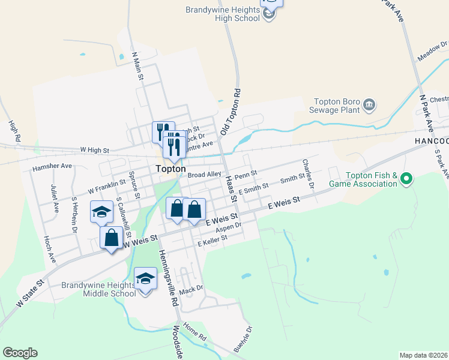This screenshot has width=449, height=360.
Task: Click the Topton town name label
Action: [x=170, y=169]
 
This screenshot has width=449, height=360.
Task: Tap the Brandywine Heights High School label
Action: [x=223, y=14]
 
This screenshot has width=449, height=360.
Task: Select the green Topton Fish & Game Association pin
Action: [x=406, y=178]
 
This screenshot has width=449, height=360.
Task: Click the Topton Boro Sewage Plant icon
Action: [x=370, y=106]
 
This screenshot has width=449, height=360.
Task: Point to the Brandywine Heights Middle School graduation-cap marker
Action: [x=145, y=279]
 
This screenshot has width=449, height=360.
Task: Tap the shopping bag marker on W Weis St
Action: [x=112, y=238]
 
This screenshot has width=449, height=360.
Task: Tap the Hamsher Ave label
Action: [x=52, y=166]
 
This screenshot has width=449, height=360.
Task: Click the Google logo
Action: [x=20, y=353]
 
